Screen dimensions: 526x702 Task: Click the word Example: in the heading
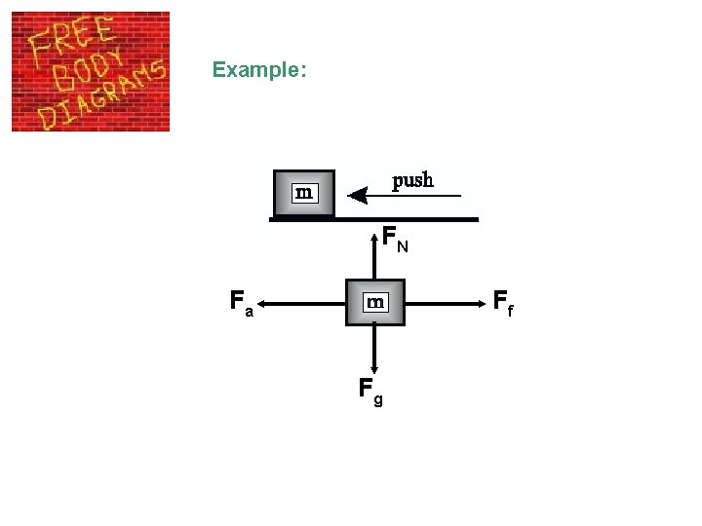[259, 70]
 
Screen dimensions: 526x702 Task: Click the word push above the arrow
[412, 181]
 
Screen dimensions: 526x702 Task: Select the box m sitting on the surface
[303, 193]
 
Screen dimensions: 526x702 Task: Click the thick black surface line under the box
[374, 220]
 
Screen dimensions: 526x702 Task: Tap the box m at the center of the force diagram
[374, 303]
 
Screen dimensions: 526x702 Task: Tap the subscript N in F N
[402, 246]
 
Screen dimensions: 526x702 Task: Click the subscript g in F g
[378, 399]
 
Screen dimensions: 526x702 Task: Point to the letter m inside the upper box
[304, 193]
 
